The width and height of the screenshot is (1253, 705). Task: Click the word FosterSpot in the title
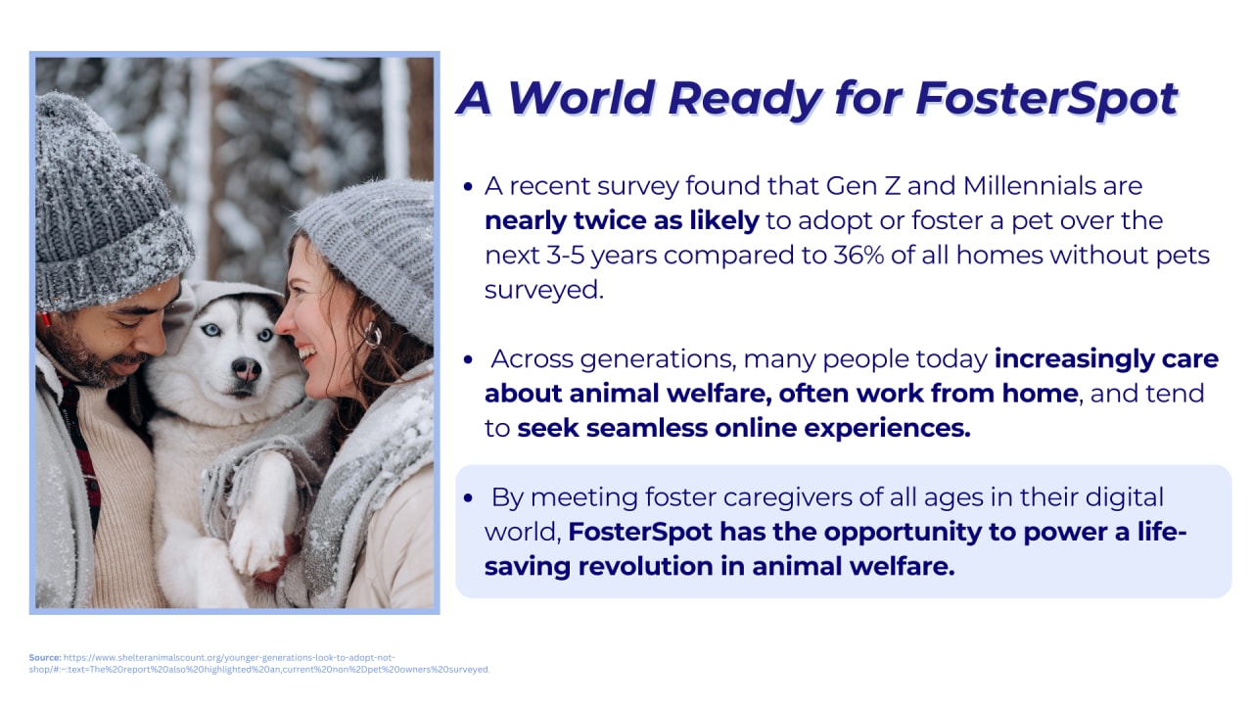1047,100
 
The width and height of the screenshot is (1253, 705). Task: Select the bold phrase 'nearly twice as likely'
622,221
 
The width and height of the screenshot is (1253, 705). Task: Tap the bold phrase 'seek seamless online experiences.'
744,429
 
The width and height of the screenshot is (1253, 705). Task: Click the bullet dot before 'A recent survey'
468,187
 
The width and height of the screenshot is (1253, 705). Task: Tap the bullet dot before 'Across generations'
468,359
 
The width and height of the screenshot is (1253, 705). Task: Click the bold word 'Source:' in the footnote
45,657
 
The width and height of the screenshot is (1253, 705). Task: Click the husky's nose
246,369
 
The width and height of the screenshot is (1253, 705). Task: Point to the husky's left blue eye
210,330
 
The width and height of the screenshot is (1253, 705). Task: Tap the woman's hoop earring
373,335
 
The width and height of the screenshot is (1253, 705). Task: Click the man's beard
89,358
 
